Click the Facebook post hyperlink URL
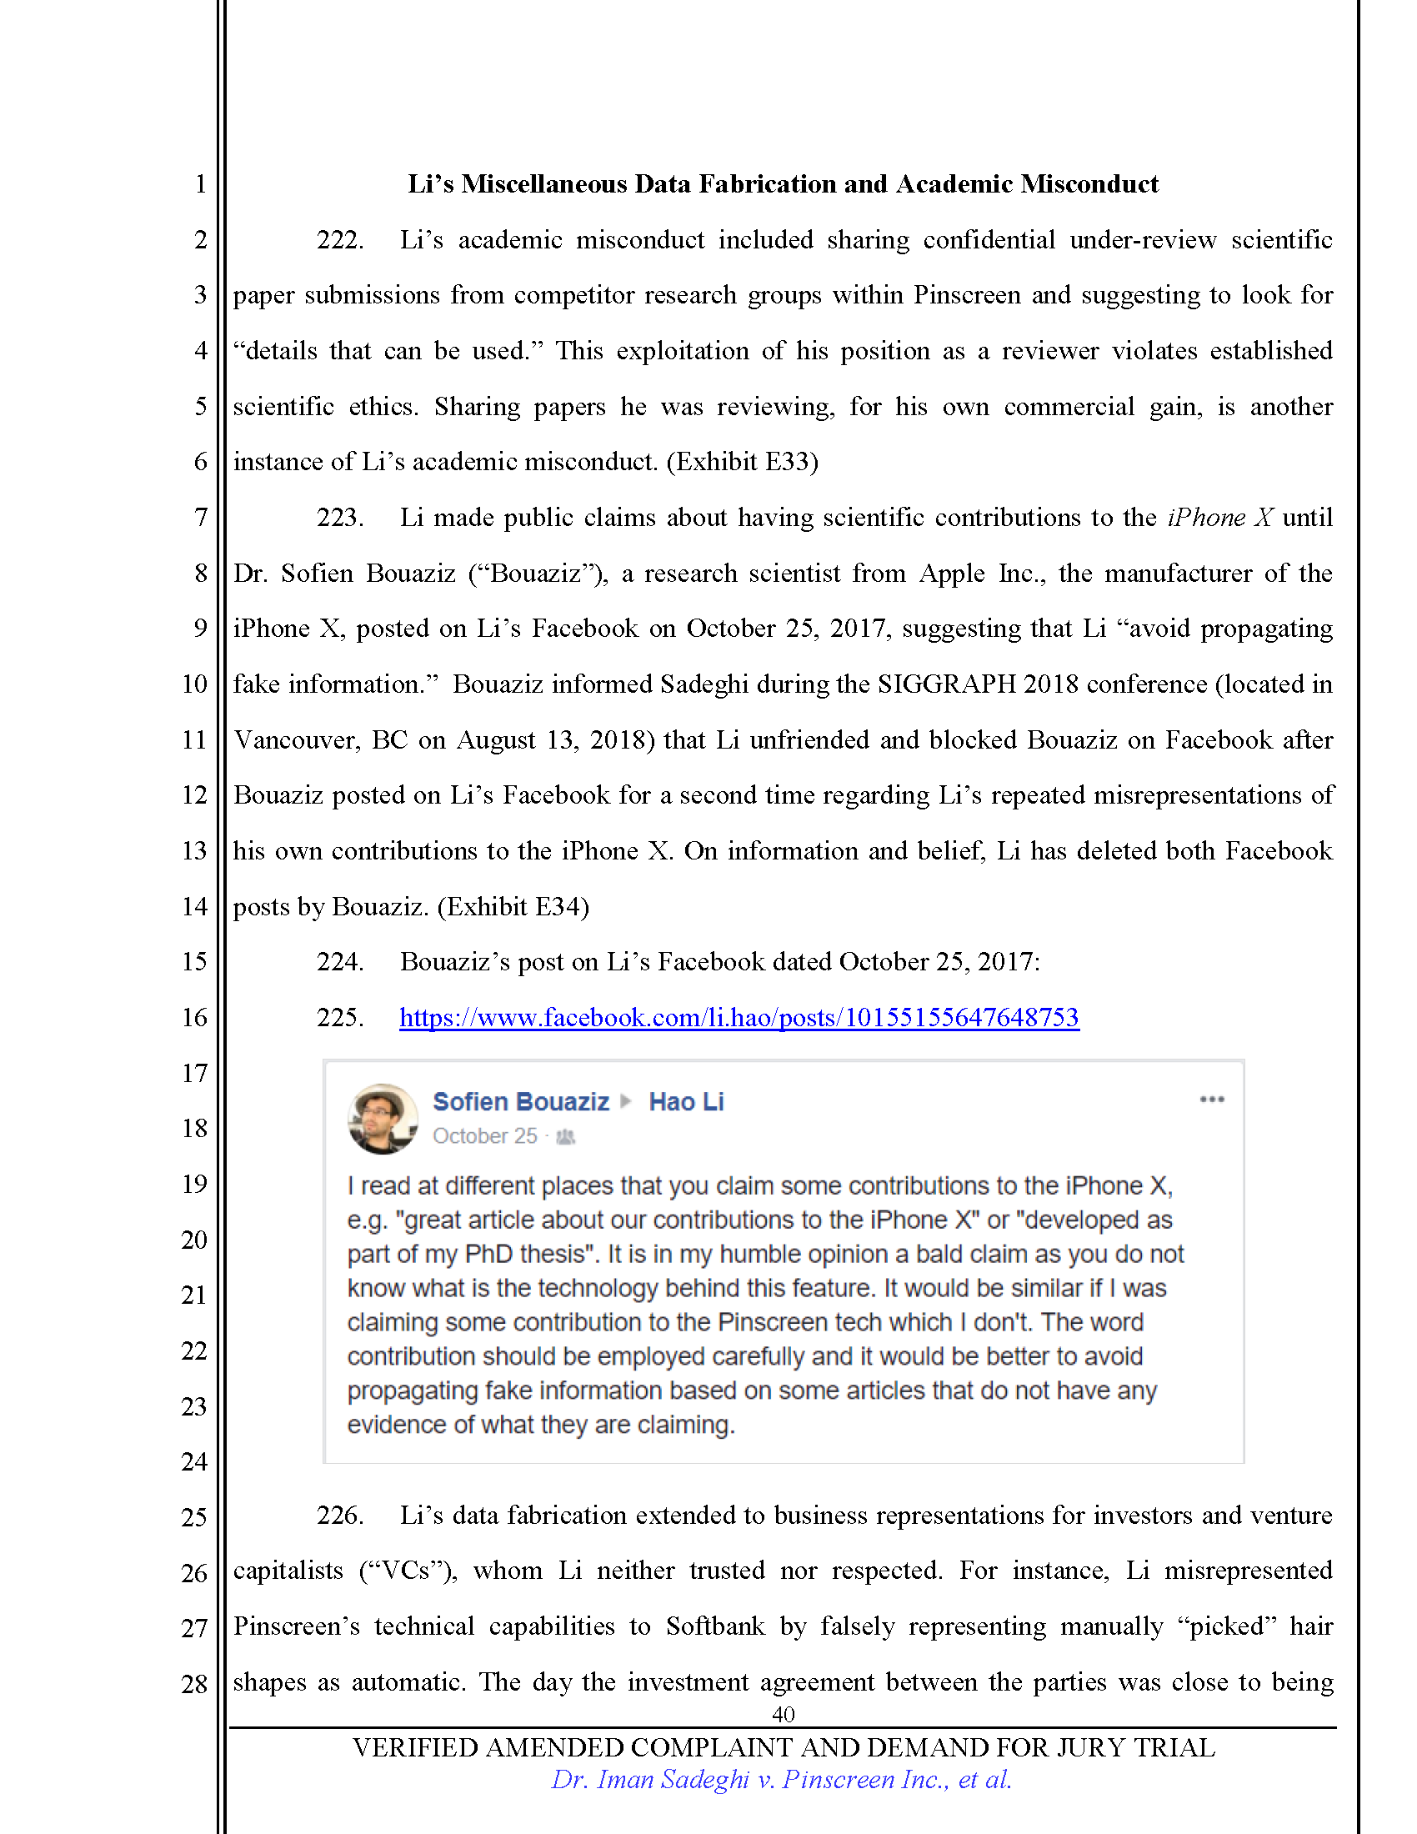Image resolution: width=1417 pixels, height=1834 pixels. pos(739,1018)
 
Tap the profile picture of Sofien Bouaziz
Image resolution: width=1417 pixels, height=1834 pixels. pos(383,1119)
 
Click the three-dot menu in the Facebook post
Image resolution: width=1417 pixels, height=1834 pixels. pos(1211,1100)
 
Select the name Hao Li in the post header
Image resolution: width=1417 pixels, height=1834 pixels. pos(686,1102)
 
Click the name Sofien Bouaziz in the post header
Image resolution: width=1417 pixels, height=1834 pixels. pos(520,1102)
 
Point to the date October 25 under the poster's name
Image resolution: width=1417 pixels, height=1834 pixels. pos(484,1136)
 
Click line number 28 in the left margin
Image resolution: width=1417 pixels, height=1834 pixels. pos(194,1684)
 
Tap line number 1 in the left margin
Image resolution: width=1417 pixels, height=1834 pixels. pos(201,184)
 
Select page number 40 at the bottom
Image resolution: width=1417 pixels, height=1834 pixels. pos(783,1714)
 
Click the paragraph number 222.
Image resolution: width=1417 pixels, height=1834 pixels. pos(339,240)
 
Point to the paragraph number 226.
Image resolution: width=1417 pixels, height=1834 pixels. pos(339,1516)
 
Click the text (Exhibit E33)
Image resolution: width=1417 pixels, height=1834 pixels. pos(742,462)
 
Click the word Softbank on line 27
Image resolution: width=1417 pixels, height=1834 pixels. pos(715,1626)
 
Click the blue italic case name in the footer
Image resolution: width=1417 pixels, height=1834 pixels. pos(781,1780)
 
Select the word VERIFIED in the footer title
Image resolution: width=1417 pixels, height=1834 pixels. pos(416,1747)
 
